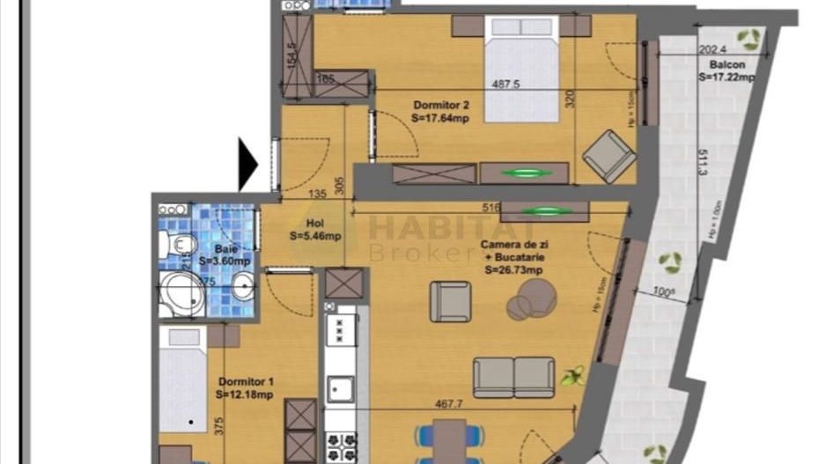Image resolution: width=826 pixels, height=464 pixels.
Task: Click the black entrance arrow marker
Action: click(x=247, y=166)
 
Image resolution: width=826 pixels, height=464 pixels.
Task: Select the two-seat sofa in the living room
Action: click(x=513, y=377)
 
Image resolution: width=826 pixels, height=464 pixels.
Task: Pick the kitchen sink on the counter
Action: click(x=340, y=388)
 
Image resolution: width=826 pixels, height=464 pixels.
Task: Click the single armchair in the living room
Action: click(x=450, y=301)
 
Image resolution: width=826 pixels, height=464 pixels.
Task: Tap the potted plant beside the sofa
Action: click(x=573, y=376)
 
